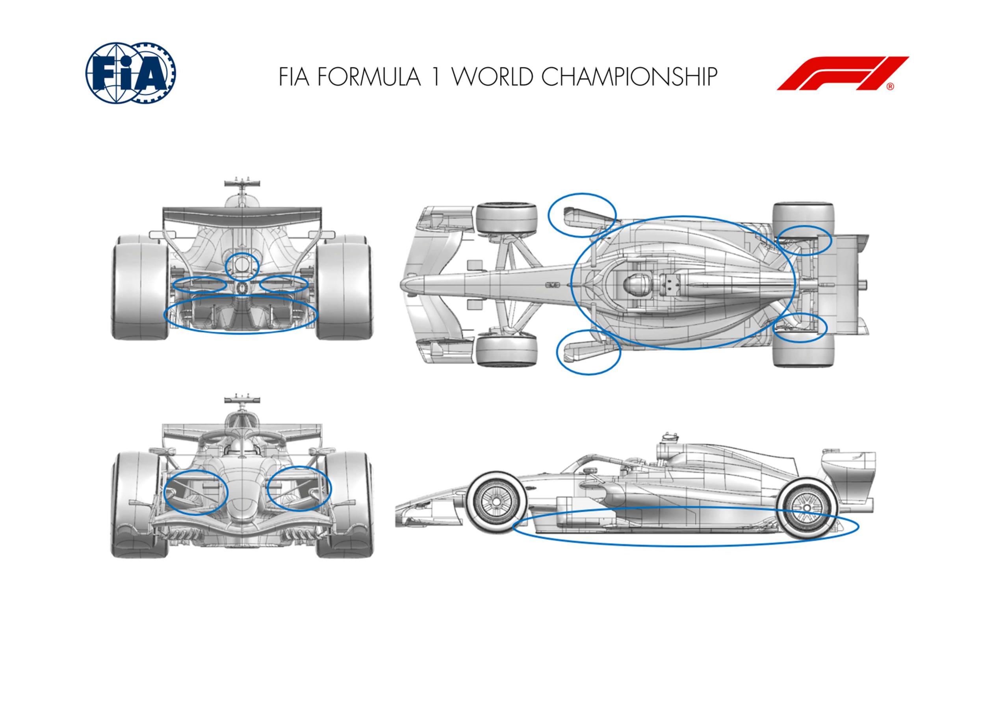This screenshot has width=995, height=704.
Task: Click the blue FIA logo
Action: click(131, 74)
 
